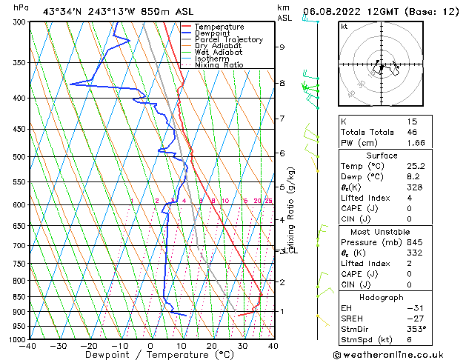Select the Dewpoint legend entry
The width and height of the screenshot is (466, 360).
coord(213,33)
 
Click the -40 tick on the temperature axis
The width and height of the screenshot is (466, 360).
coord(28,346)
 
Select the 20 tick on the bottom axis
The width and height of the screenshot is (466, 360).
coord(212,346)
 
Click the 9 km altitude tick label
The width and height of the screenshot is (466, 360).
coord(282,47)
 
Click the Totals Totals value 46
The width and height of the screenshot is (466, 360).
coord(412,131)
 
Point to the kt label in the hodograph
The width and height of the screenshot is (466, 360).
coord(344,27)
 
